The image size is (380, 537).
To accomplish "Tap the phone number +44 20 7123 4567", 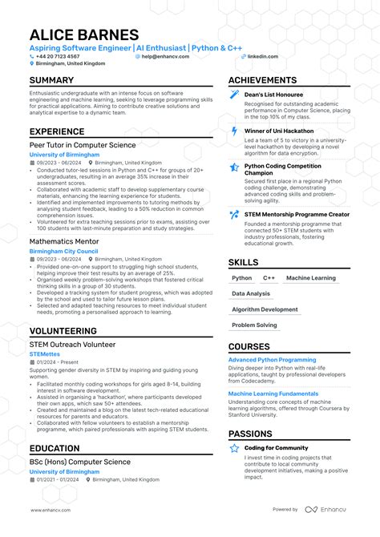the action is tap(59, 56).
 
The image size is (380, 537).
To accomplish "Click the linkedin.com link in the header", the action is tap(263, 56).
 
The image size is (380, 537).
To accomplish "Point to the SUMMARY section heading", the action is tap(53, 81).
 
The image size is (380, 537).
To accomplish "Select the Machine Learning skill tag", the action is tap(311, 278).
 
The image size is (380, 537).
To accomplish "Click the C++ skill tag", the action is tap(269, 278).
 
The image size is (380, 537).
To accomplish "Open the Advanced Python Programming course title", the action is tap(272, 360).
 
